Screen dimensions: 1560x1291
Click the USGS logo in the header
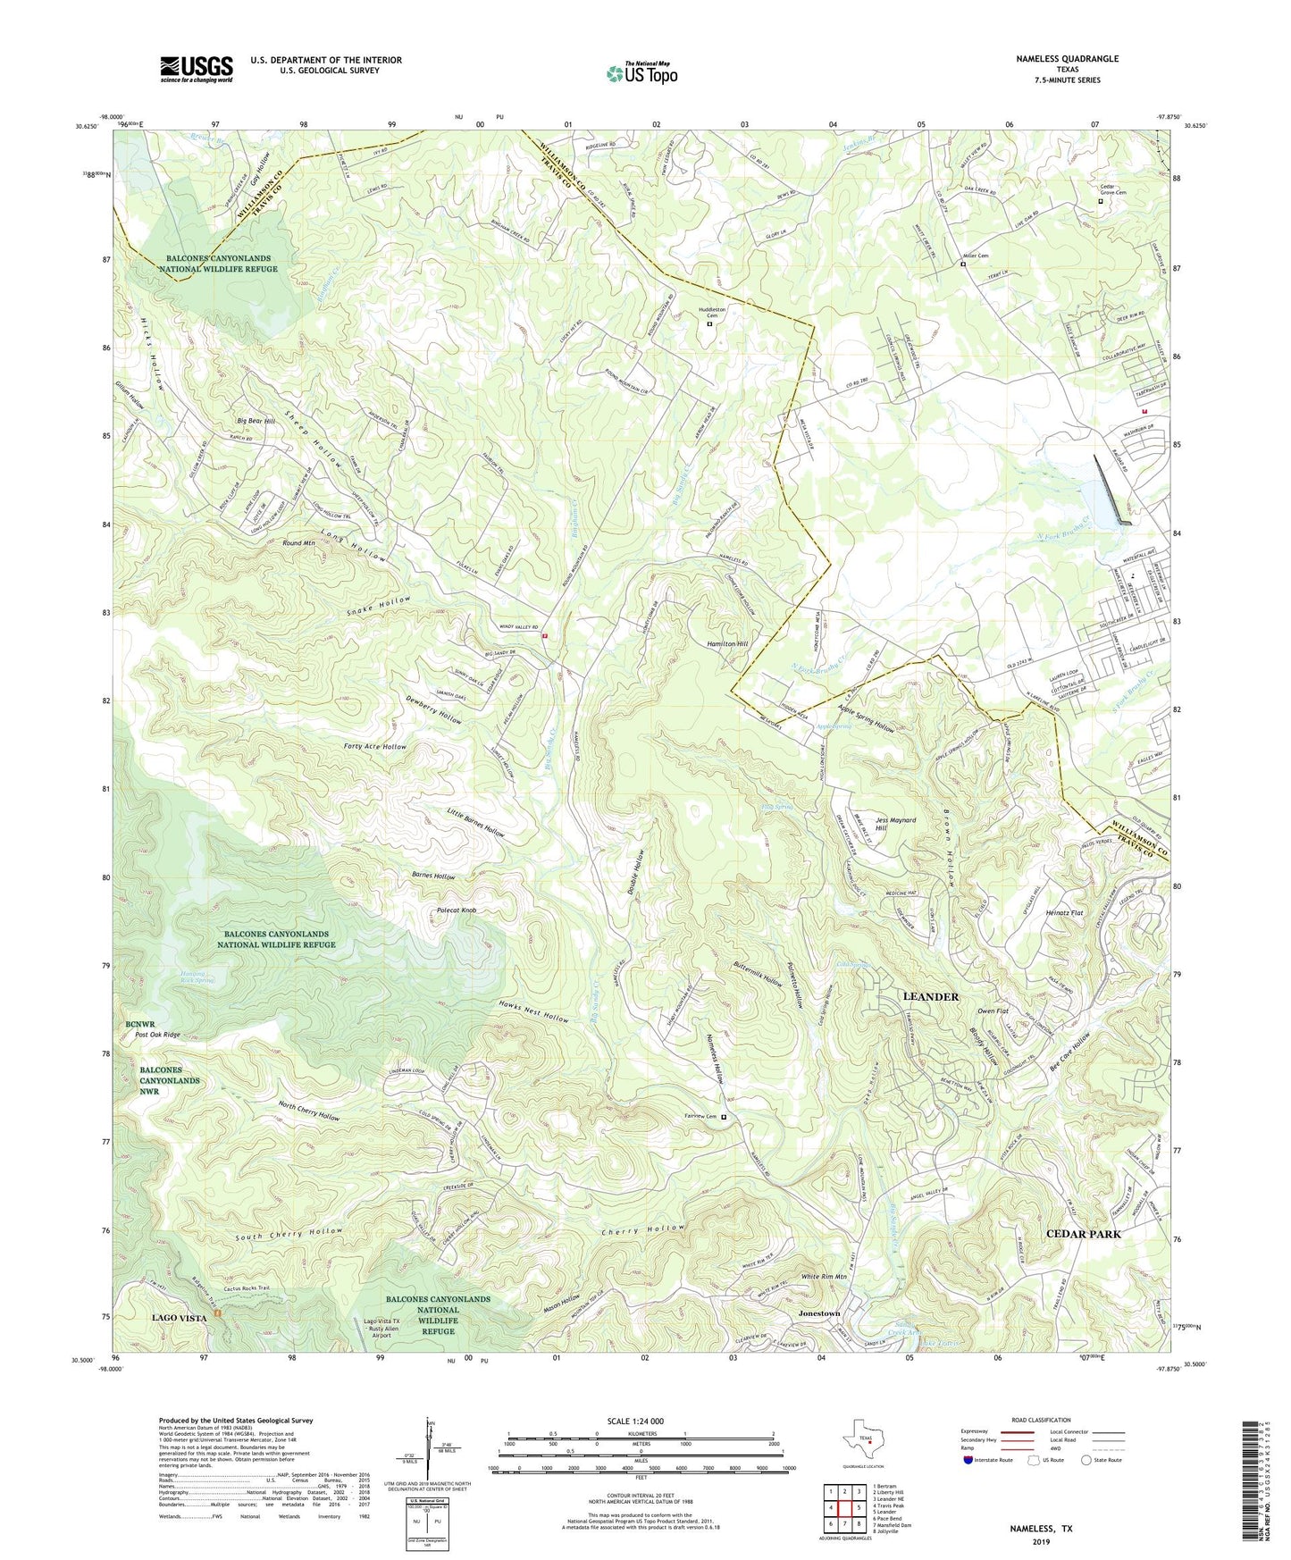(197, 69)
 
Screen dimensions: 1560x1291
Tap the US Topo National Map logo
(641, 73)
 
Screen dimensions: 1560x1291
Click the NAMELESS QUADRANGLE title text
(1067, 59)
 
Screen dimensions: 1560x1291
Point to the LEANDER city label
(930, 996)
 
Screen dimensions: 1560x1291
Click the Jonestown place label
(818, 1313)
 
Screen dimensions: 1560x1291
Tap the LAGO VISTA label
(179, 1318)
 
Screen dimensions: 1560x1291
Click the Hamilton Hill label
(727, 643)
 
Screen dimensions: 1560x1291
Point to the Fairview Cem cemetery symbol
(724, 1117)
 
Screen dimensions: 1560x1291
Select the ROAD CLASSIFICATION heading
(1041, 1420)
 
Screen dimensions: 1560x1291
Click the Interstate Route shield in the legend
(968, 1460)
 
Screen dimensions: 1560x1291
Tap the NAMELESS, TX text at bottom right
(1041, 1529)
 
